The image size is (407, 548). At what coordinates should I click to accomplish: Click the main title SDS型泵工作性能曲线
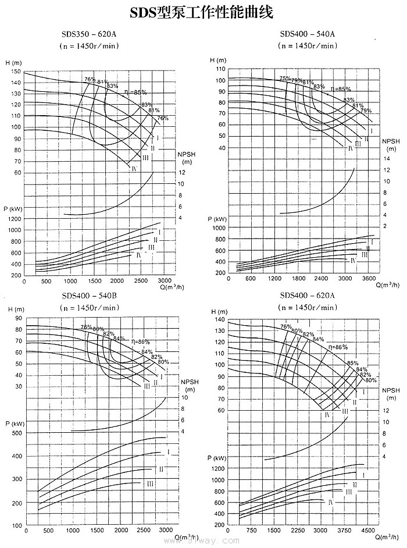click(201, 12)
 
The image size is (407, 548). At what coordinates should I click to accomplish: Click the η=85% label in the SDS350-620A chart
click(136, 92)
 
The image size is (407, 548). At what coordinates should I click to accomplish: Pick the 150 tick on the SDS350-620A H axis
click(14, 72)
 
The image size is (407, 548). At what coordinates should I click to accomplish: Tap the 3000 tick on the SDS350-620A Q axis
click(165, 281)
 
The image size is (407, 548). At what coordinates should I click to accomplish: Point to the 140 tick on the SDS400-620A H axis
click(219, 321)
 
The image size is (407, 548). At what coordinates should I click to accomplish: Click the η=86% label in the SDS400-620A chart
click(338, 347)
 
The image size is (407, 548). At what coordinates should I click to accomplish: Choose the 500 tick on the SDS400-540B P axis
click(16, 433)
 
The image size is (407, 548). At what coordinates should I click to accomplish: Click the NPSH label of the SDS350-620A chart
click(186, 154)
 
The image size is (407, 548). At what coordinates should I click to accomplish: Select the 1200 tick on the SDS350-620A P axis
click(13, 219)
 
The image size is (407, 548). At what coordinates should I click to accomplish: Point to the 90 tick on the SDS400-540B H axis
click(18, 318)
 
